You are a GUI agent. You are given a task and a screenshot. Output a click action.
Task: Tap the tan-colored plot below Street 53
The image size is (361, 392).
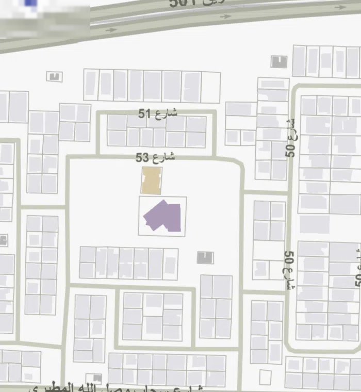click(x=152, y=180)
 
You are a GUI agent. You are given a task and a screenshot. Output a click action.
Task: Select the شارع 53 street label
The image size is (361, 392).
click(x=155, y=157)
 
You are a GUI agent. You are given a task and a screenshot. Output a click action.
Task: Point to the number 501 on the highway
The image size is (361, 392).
click(x=184, y=4)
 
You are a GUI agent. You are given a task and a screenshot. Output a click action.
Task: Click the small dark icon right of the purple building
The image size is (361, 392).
click(x=205, y=257)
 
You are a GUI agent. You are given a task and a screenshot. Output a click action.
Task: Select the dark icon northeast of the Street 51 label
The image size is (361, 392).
click(x=278, y=61)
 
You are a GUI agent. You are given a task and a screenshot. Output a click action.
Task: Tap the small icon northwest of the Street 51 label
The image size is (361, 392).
click(x=54, y=77)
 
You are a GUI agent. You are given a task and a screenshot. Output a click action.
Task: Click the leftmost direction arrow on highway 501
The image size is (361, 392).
click(x=111, y=30)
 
